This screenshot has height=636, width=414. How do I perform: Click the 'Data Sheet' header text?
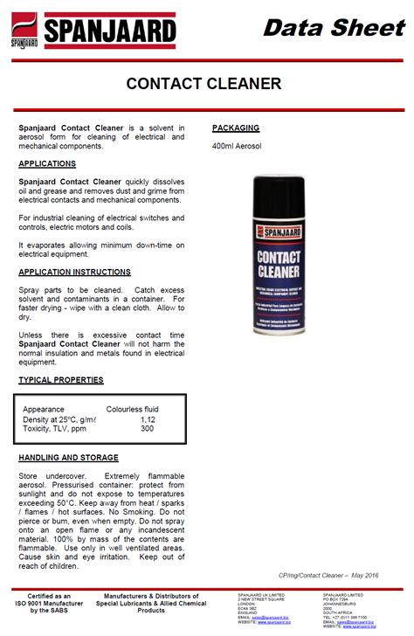click(x=335, y=28)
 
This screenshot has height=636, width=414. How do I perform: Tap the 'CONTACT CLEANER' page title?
click(x=204, y=84)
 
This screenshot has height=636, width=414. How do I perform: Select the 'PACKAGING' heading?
click(x=236, y=128)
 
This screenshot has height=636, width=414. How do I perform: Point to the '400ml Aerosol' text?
click(x=237, y=146)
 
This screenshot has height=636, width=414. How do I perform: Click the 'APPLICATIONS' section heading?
click(x=47, y=163)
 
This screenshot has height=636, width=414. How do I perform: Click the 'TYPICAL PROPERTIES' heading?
click(x=61, y=380)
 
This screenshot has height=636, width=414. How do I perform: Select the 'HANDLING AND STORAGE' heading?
click(x=67, y=458)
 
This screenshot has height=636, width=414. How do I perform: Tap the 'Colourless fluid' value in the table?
click(x=132, y=409)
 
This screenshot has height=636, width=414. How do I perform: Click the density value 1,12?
click(x=148, y=419)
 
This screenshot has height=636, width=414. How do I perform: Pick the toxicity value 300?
click(x=147, y=429)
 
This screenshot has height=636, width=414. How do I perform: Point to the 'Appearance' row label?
click(x=44, y=409)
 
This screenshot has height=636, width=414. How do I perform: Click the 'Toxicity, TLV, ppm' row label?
click(x=55, y=429)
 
